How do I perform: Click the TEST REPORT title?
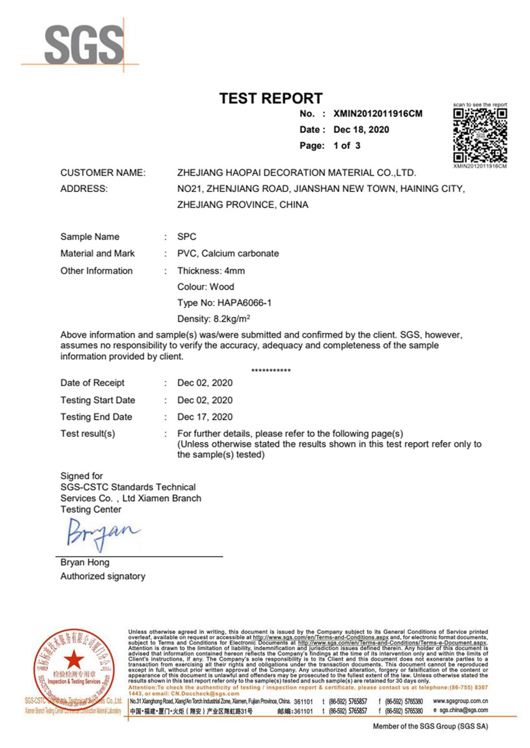pyautogui.click(x=271, y=98)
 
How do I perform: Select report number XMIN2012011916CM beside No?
pyautogui.click(x=378, y=113)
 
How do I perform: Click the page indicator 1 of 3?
pyautogui.click(x=347, y=146)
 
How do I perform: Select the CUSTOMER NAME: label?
pyautogui.click(x=103, y=173)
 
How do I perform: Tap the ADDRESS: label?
pyautogui.click(x=84, y=188)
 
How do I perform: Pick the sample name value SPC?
pyautogui.click(x=187, y=237)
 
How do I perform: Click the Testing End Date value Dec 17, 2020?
pyautogui.click(x=205, y=417)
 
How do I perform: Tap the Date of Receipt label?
pyautogui.click(x=92, y=383)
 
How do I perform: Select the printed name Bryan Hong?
pyautogui.click(x=85, y=562)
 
